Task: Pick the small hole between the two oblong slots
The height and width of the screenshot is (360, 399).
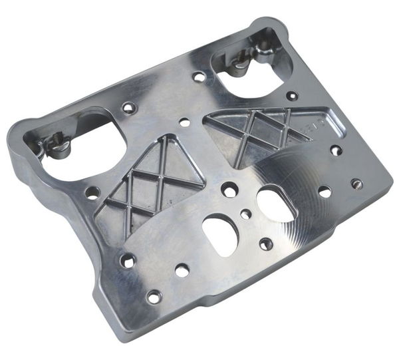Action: (x=246, y=214)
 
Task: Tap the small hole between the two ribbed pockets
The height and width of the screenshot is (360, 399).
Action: (x=185, y=122)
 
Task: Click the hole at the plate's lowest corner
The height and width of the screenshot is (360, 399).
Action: (x=154, y=297)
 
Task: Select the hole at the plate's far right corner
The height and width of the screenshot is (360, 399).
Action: (x=357, y=183)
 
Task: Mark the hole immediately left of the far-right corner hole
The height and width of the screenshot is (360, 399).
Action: (x=325, y=192)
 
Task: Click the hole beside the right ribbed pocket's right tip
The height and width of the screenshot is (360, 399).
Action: (x=336, y=150)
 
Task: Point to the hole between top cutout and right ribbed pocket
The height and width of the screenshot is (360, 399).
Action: (x=292, y=96)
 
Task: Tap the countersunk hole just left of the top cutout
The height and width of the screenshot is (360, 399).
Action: (x=199, y=77)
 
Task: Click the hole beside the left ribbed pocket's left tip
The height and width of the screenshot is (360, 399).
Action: (x=92, y=192)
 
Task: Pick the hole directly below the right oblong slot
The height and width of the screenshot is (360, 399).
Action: (x=266, y=244)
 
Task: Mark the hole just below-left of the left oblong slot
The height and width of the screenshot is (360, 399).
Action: (x=182, y=270)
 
